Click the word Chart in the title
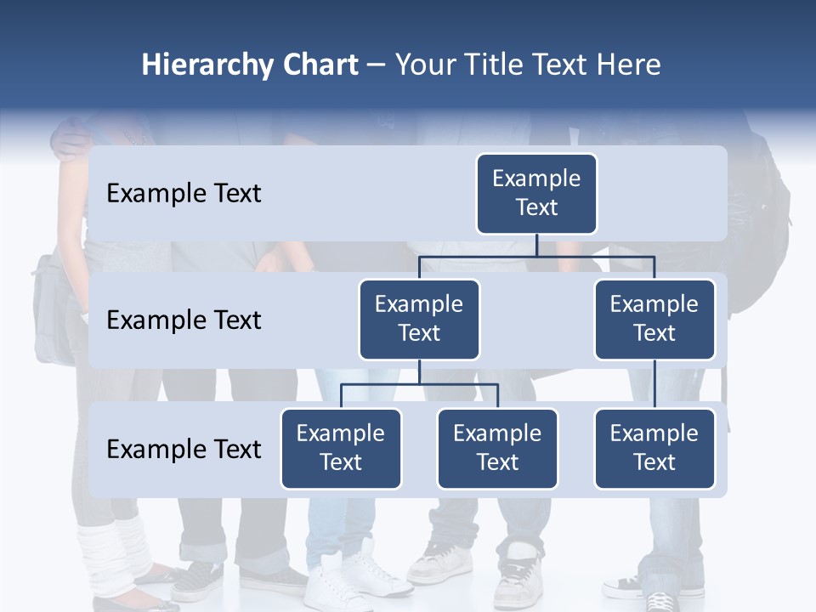click(318, 65)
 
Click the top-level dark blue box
click(536, 194)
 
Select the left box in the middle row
click(419, 320)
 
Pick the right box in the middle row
click(654, 320)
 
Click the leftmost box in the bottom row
click(341, 449)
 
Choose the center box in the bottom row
click(497, 449)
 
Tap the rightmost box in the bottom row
click(654, 449)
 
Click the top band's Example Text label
click(184, 194)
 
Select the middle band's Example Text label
click(184, 320)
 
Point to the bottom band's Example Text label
click(184, 449)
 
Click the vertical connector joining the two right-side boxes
click(654, 384)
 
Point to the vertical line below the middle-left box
click(419, 371)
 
